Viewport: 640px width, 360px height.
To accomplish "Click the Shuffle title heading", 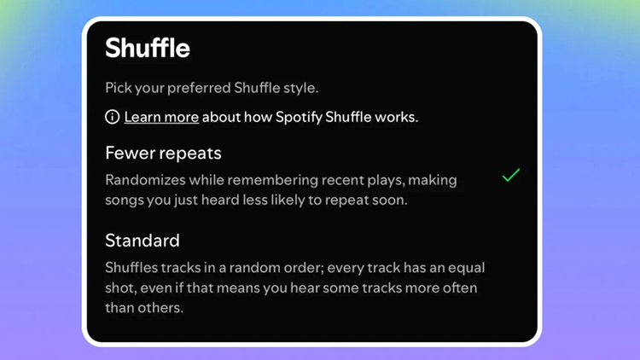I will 148,48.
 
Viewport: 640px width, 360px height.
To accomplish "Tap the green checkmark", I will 510,176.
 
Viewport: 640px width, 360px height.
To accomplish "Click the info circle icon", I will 112,117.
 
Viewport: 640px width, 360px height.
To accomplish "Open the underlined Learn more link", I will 161,117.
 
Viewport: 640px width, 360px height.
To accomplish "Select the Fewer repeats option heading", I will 163,154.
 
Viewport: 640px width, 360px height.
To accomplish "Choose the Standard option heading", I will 142,240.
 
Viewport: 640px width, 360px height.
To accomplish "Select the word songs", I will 125,200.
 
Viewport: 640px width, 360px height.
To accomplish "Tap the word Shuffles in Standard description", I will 133,267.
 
